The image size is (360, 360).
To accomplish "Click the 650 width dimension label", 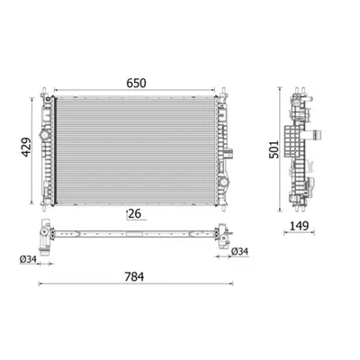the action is click(x=136, y=83).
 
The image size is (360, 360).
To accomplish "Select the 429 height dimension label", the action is click(x=26, y=147).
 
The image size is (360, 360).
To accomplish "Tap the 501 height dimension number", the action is click(x=274, y=149).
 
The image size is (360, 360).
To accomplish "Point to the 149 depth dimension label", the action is click(x=299, y=226).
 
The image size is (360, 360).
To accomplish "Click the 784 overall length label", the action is click(x=134, y=276).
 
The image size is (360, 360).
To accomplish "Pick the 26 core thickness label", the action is click(x=135, y=213).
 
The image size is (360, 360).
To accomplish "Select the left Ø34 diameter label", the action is click(x=28, y=259).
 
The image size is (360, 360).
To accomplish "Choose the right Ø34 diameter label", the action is click(x=240, y=251).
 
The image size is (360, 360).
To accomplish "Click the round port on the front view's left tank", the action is click(x=44, y=135).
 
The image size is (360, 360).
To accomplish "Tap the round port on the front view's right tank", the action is click(x=223, y=182).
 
